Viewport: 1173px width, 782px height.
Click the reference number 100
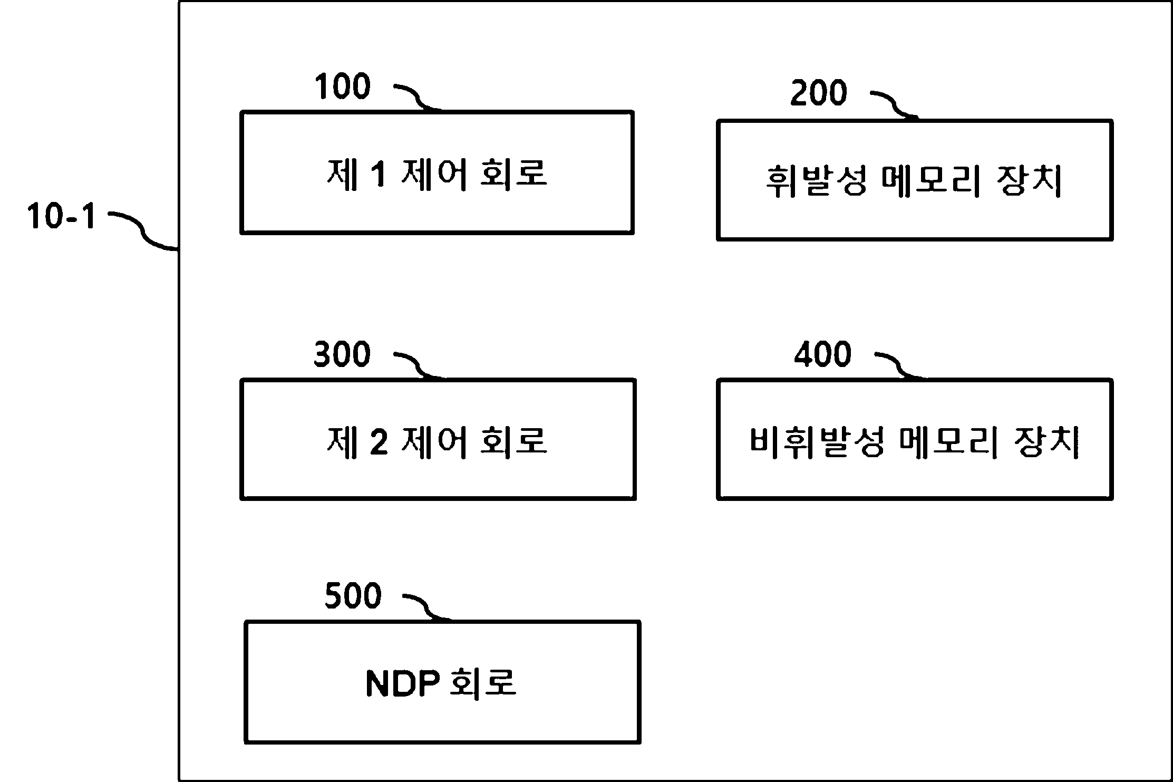tap(343, 87)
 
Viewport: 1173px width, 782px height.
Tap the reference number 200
tap(819, 93)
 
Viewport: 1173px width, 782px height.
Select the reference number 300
tap(342, 354)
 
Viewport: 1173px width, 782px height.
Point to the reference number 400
tap(823, 354)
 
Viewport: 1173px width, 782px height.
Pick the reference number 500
tap(353, 596)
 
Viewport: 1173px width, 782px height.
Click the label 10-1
tap(62, 217)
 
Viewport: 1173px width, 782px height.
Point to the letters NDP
tap(402, 683)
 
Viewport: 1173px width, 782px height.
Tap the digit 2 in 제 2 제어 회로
tap(379, 442)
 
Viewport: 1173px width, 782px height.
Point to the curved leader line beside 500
tap(426, 607)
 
